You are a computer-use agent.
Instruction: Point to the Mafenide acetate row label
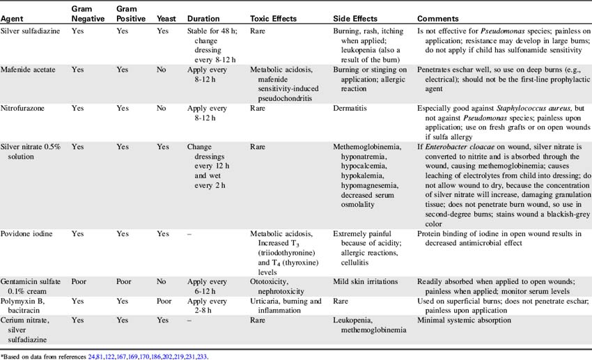point(32,70)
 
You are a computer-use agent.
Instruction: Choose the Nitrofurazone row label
point(26,109)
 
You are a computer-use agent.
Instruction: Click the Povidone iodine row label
point(31,235)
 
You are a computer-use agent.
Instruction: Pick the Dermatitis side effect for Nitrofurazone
point(352,109)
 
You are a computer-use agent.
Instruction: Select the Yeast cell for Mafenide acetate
point(166,70)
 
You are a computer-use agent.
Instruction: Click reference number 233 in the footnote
point(201,356)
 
